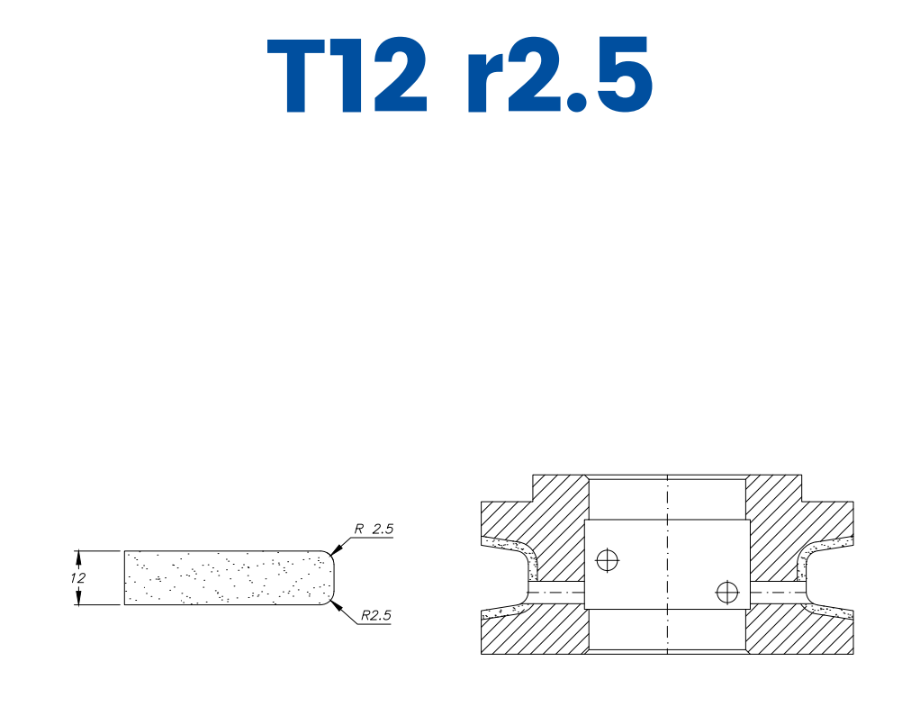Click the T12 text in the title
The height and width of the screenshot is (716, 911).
click(346, 77)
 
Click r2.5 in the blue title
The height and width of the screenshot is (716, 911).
click(558, 77)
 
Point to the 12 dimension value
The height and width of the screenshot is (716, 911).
click(79, 577)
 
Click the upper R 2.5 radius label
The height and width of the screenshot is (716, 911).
click(374, 530)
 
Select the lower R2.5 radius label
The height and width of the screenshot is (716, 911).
click(376, 616)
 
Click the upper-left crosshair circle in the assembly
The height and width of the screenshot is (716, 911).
click(609, 560)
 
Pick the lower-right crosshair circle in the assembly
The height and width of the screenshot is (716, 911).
click(726, 592)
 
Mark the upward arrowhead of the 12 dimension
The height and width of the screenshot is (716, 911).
click(79, 556)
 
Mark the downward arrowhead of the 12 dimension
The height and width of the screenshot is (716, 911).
click(79, 599)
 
